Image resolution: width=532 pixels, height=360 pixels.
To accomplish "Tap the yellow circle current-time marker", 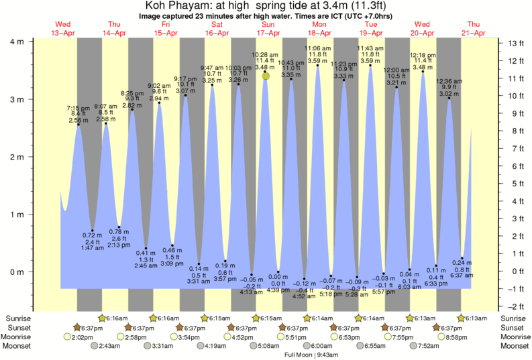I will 266,76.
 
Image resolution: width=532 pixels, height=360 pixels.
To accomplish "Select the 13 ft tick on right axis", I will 515,43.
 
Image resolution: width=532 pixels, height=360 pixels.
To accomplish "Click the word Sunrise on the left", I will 17,318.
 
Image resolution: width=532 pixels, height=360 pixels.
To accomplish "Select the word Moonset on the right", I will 514,346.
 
